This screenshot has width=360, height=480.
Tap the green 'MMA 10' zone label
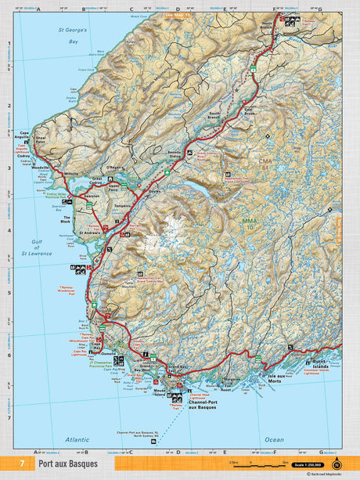pos(249,225)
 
